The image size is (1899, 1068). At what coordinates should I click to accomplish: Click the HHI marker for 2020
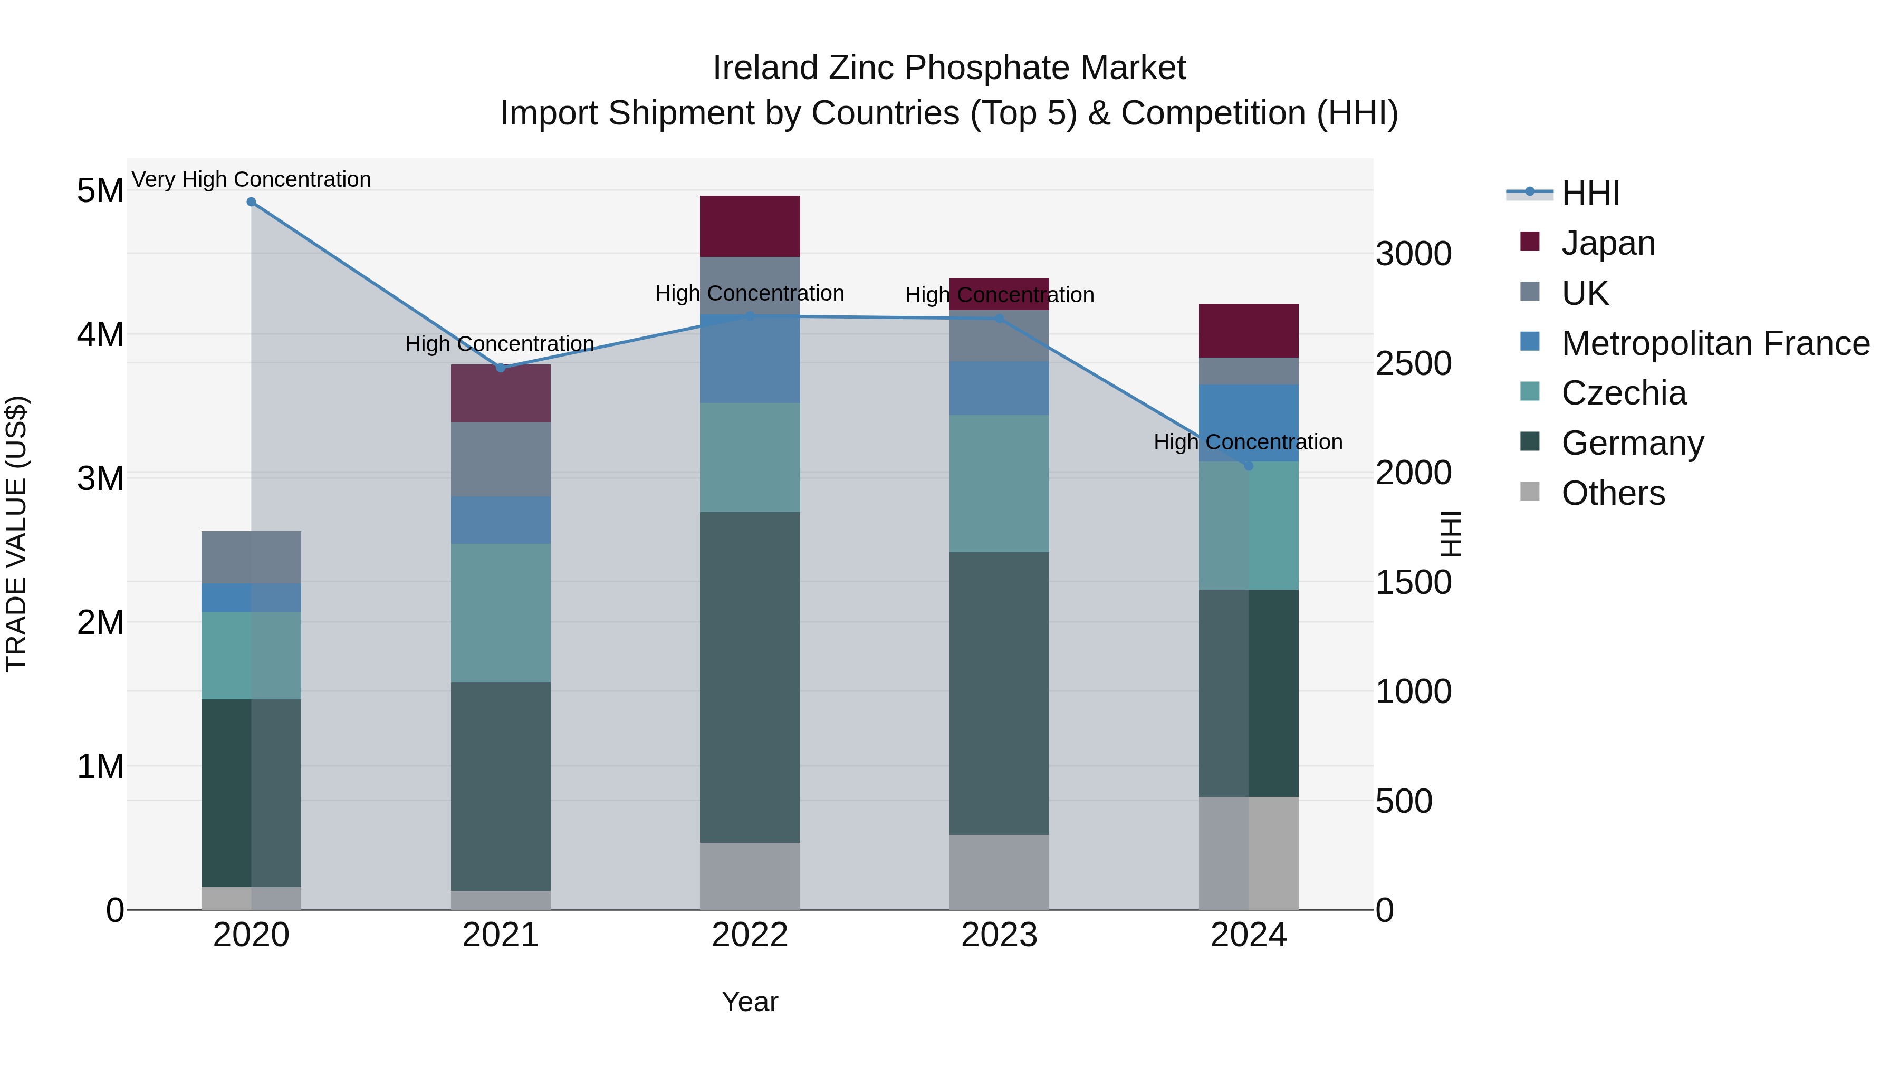[252, 202]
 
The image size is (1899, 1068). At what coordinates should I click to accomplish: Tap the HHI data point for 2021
[501, 368]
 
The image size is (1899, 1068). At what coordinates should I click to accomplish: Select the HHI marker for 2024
[1249, 466]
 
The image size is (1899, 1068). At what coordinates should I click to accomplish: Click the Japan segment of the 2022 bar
[750, 226]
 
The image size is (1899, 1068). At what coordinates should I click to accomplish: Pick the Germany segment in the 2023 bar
[999, 693]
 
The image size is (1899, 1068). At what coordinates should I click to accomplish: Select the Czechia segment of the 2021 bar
[501, 612]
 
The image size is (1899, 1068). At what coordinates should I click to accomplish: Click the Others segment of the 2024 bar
[1249, 853]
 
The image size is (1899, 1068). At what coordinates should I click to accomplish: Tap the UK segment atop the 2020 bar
[252, 557]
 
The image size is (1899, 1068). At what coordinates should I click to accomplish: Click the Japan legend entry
[1608, 243]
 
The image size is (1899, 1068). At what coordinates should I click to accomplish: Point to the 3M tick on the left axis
[100, 478]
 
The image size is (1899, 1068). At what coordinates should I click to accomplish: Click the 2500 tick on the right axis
[1413, 363]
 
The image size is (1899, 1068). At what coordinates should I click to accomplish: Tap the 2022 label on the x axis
[750, 935]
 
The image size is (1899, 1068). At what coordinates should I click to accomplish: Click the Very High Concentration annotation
[252, 179]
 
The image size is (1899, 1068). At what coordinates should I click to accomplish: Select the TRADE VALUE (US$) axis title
[16, 534]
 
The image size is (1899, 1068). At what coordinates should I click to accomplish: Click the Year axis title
[750, 1002]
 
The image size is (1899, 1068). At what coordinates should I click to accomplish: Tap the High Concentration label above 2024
[1248, 442]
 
